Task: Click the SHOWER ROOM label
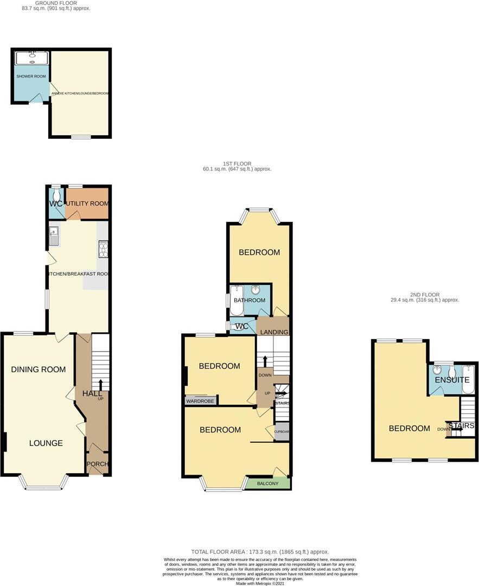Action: (x=31, y=77)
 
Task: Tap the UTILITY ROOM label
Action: (x=87, y=203)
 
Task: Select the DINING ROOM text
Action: (x=39, y=370)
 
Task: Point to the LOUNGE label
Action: (x=46, y=443)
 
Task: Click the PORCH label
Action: (x=98, y=464)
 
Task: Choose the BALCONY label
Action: (x=267, y=483)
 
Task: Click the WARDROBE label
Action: (x=201, y=402)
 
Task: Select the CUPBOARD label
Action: (x=282, y=432)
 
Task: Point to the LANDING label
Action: (x=274, y=332)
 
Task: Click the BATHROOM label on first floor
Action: (x=250, y=300)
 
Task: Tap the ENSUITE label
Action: (x=452, y=380)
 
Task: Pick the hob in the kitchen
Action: (x=103, y=249)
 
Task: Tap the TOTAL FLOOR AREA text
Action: (x=260, y=552)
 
